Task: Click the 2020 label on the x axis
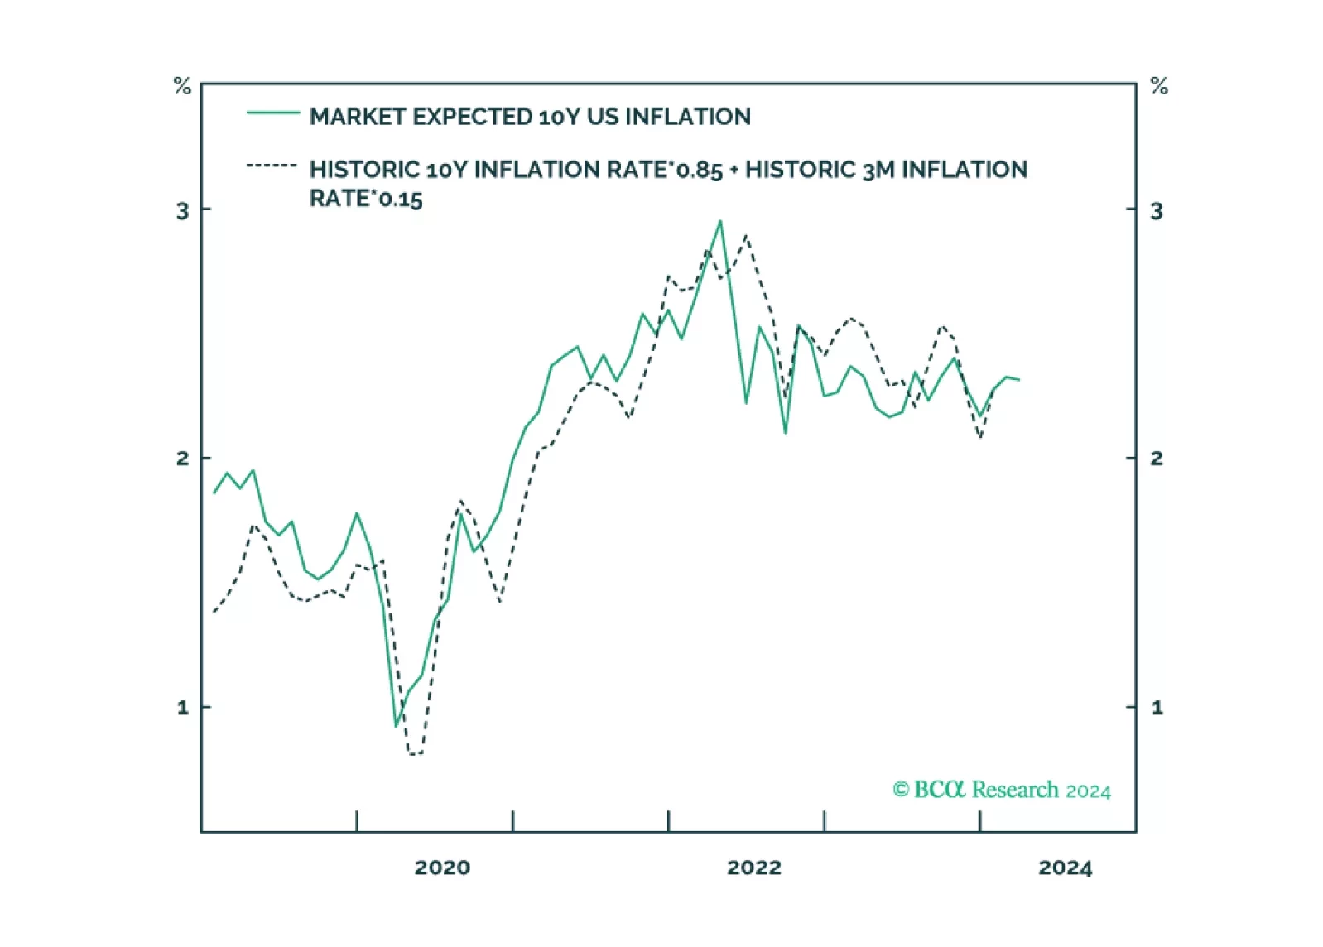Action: pyautogui.click(x=442, y=868)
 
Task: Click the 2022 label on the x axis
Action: pyautogui.click(x=753, y=868)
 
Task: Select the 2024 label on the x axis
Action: pyautogui.click(x=1065, y=868)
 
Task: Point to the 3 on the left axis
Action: pyautogui.click(x=182, y=211)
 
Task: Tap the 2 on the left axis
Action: pyautogui.click(x=182, y=459)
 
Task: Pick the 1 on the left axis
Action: pyautogui.click(x=183, y=707)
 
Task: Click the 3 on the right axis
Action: pyautogui.click(x=1157, y=211)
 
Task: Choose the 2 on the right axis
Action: pyautogui.click(x=1157, y=459)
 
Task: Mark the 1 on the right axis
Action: pyautogui.click(x=1157, y=707)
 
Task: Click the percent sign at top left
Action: pyautogui.click(x=182, y=85)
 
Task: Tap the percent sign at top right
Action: pyautogui.click(x=1159, y=85)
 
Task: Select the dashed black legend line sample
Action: pyautogui.click(x=272, y=166)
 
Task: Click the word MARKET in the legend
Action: pyautogui.click(x=358, y=117)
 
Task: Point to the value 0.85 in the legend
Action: pyautogui.click(x=699, y=171)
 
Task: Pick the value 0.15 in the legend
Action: pyautogui.click(x=400, y=199)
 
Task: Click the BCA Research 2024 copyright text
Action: pyautogui.click(x=1002, y=790)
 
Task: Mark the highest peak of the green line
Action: pyautogui.click(x=720, y=221)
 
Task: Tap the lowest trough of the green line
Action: pyautogui.click(x=396, y=727)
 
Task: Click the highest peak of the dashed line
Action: pyautogui.click(x=746, y=236)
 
